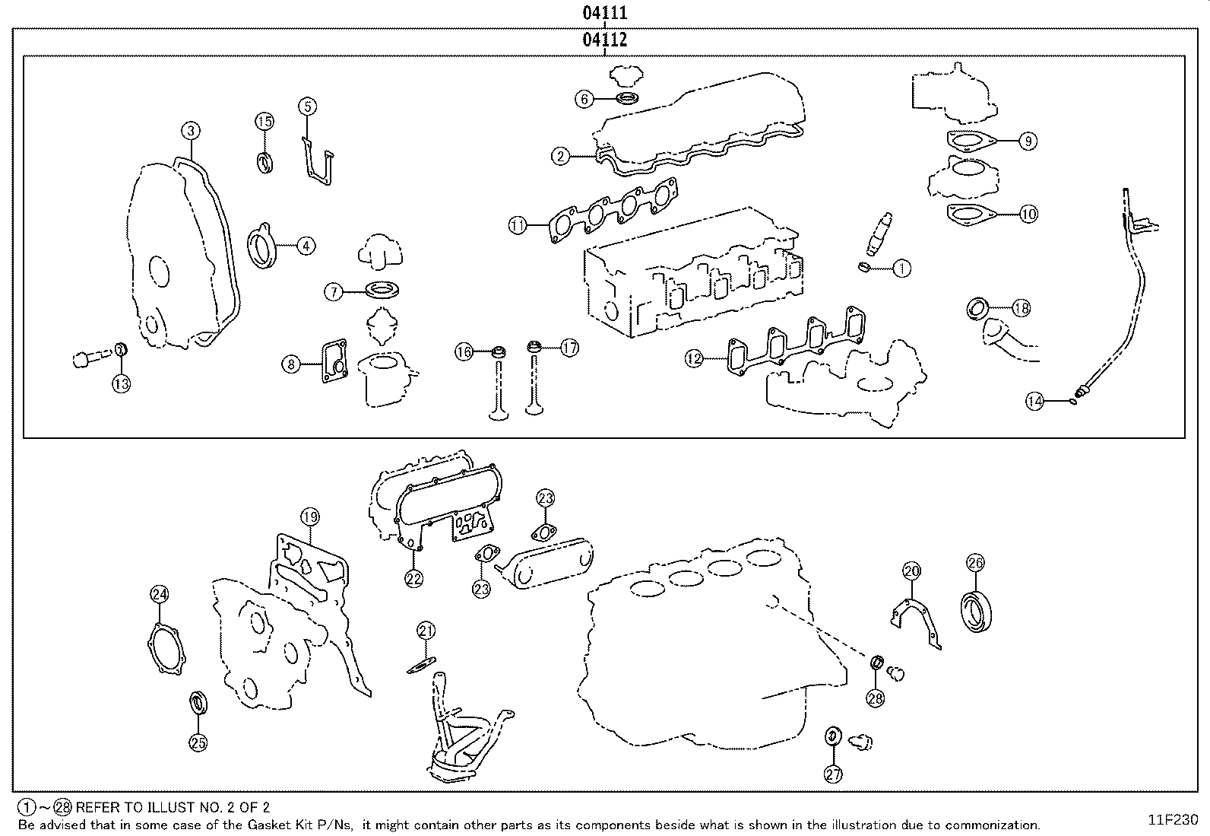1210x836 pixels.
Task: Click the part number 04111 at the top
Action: (605, 13)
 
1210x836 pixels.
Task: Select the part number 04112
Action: (605, 40)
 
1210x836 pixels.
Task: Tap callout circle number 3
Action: (191, 131)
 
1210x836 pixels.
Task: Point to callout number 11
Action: (518, 225)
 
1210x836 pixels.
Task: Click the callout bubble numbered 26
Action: (976, 563)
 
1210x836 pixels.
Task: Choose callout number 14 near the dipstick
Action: (1034, 400)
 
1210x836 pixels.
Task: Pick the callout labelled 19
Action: (309, 517)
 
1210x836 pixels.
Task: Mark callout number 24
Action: (159, 594)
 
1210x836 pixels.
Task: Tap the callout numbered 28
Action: (876, 698)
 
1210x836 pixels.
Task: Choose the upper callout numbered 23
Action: (546, 499)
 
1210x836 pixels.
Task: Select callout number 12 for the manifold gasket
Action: (694, 358)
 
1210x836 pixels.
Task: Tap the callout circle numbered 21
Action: (426, 631)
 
